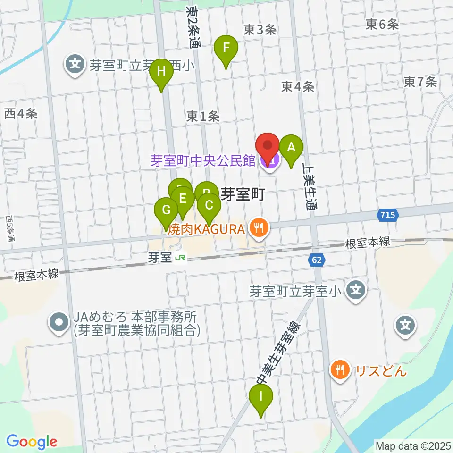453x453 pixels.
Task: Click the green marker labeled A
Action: (x=291, y=147)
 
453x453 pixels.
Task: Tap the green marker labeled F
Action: (x=226, y=48)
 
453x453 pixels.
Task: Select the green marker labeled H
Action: (x=161, y=72)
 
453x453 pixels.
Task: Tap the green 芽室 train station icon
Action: (x=179, y=258)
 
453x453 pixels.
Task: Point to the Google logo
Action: (x=32, y=442)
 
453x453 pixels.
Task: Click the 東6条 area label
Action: (x=382, y=25)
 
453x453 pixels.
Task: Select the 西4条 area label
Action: (x=20, y=114)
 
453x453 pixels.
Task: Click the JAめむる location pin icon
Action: (x=59, y=322)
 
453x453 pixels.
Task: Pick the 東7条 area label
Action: (x=420, y=83)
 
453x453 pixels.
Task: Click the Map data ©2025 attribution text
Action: (x=413, y=445)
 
